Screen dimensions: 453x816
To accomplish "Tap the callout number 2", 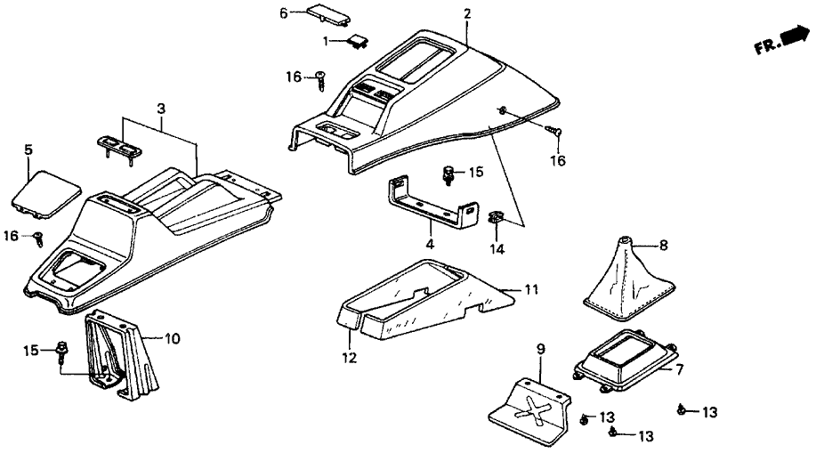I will click(x=467, y=14).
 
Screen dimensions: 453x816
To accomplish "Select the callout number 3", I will click(x=160, y=109).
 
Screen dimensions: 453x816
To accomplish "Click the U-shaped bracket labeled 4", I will click(x=430, y=204).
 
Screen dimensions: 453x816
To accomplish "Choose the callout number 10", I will click(x=174, y=338).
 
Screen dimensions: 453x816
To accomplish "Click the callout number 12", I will click(x=350, y=359).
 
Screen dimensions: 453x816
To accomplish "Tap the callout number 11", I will click(x=531, y=290).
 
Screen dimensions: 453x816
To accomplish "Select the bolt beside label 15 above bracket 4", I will click(x=449, y=174).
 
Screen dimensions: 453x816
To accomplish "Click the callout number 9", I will click(x=540, y=349).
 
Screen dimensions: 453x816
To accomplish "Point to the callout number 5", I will click(x=28, y=150).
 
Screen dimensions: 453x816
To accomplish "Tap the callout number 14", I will click(x=497, y=249).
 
